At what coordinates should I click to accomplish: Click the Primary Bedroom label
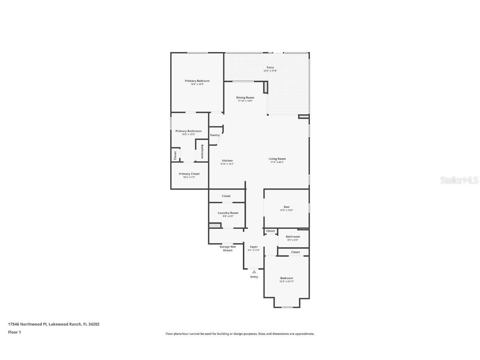[x=197, y=81]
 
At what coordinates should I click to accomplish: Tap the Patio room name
[x=270, y=67]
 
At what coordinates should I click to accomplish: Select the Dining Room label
[x=245, y=97]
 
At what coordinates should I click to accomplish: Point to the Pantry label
[x=215, y=135]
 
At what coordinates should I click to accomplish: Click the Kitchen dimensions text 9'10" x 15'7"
[x=227, y=164]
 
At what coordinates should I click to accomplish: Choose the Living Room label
[x=277, y=159]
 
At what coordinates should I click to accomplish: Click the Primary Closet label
[x=189, y=174]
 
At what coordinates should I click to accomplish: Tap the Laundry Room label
[x=228, y=213]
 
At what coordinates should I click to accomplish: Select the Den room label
[x=287, y=207]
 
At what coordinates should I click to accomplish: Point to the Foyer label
[x=254, y=247]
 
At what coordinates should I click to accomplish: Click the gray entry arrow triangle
[x=254, y=272]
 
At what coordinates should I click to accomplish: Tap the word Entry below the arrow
[x=254, y=277]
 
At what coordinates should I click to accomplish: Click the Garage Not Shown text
[x=227, y=248]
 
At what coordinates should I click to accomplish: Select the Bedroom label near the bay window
[x=287, y=278]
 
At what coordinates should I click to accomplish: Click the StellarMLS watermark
[x=460, y=180]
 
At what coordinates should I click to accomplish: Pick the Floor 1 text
[x=14, y=332]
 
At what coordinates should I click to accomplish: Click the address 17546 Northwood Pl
[x=27, y=324]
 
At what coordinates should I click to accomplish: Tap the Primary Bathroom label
[x=188, y=131]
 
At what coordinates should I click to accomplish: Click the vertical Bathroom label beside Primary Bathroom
[x=202, y=151]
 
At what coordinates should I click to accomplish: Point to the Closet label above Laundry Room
[x=226, y=196]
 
